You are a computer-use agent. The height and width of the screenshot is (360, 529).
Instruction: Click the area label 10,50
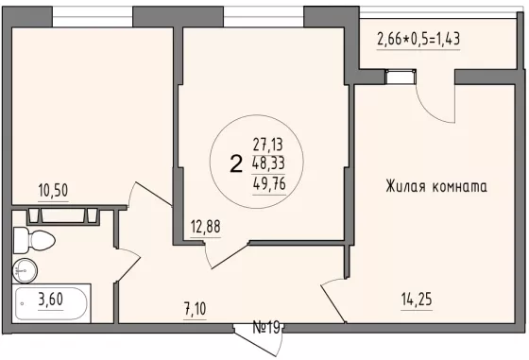[53, 191]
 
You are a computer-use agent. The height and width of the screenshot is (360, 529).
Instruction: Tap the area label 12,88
[206, 227]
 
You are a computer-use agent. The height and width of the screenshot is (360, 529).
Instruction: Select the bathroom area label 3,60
[51, 300]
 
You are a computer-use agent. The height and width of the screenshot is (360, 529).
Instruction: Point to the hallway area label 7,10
[196, 309]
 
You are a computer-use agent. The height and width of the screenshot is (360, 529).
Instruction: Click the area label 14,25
[417, 300]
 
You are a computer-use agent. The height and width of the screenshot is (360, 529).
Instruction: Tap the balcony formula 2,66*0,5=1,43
[418, 39]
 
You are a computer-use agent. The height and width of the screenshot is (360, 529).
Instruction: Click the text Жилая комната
[436, 186]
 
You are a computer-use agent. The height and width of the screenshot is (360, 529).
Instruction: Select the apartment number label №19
[266, 327]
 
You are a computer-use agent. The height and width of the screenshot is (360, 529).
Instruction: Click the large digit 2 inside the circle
[236, 163]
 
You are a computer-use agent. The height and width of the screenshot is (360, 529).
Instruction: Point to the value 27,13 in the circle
[268, 145]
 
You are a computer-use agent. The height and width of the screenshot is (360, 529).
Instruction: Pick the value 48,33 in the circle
[268, 163]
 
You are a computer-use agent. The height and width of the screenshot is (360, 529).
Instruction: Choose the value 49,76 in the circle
[269, 184]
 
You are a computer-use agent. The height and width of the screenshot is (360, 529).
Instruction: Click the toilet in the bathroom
[34, 240]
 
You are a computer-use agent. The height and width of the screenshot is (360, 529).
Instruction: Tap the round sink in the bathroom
[25, 270]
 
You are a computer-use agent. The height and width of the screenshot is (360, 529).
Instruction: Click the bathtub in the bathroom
[51, 303]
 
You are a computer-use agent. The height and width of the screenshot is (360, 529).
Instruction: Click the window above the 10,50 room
[93, 17]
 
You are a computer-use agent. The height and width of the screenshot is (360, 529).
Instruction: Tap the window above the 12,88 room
[264, 17]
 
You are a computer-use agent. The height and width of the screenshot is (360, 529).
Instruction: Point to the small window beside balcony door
[401, 77]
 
